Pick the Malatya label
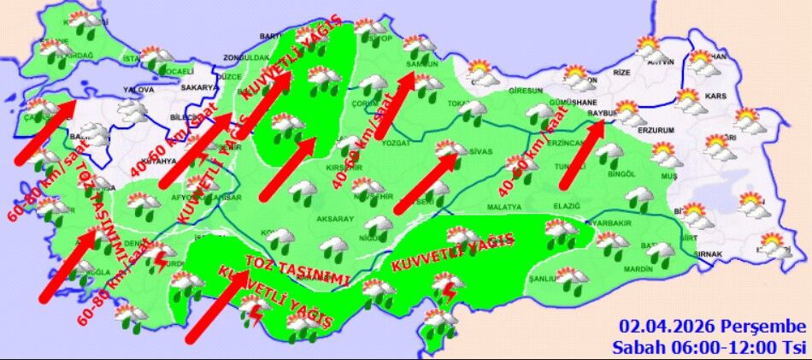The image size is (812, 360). click(x=503, y=207)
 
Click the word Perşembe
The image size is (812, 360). click(x=762, y=328)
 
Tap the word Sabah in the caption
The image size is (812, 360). click(x=635, y=346)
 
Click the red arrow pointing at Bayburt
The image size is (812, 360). click(x=582, y=154)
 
